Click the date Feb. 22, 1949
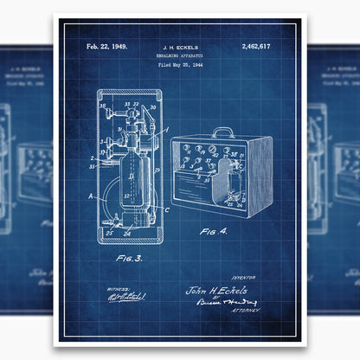pos(106,47)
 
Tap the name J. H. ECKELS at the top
pos(179,47)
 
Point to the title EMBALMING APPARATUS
pos(179,55)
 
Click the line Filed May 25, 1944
pos(179,65)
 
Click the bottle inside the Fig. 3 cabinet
pos(127,186)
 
